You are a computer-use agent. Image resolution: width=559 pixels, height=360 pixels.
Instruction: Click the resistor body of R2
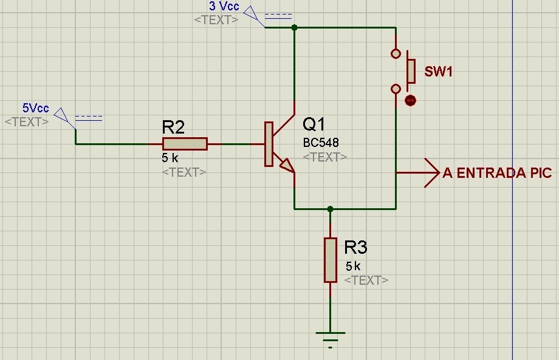point(185,144)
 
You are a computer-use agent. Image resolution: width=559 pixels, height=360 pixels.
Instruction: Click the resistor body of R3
point(331,260)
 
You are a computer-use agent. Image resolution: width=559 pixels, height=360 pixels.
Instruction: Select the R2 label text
point(173,127)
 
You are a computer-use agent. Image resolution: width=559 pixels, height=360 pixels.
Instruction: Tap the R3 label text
point(355,247)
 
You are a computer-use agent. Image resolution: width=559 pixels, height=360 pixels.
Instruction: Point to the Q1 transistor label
point(314,124)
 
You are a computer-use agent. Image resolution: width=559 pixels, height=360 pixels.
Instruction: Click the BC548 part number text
point(321,143)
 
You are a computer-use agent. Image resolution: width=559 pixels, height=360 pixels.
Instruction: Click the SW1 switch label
point(439,72)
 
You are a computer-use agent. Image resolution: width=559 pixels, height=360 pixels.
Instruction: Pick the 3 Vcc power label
point(224,6)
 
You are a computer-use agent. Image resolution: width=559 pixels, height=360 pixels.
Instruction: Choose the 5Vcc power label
point(36,108)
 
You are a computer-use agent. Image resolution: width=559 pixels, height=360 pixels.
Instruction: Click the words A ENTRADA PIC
point(497,173)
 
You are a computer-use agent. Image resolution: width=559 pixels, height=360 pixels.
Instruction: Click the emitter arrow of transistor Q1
point(287,166)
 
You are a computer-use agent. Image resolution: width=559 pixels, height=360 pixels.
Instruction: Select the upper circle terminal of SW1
point(396,54)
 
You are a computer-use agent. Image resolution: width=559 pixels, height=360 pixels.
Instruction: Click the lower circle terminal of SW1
point(396,89)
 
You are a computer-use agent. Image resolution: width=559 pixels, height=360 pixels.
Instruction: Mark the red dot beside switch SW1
point(410,100)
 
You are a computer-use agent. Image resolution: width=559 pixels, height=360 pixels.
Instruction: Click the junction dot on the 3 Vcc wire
point(294,27)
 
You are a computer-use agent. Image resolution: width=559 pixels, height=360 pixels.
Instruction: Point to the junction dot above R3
point(330,209)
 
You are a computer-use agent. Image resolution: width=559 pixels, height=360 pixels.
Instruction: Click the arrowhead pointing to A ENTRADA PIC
point(432,172)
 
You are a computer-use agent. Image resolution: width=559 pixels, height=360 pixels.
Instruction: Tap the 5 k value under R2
point(170,157)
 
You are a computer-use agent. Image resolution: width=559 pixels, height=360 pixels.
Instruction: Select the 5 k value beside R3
point(353,266)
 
